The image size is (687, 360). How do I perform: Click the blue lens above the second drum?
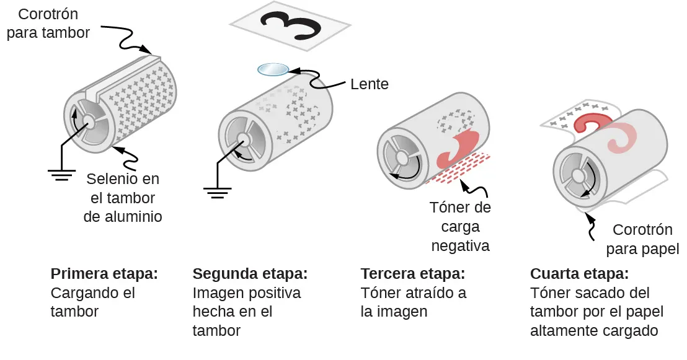(x=273, y=69)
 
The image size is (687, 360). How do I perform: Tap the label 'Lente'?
(x=369, y=84)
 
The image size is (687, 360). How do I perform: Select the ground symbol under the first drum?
(x=61, y=174)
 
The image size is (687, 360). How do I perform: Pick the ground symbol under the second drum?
(x=216, y=192)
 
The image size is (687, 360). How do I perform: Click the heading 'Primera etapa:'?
(x=104, y=274)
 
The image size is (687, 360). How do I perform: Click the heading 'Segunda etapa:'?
(x=250, y=274)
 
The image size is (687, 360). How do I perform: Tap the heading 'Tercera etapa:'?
(x=412, y=274)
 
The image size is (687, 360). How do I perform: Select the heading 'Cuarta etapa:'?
(x=579, y=274)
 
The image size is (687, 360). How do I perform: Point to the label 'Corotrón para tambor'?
(x=48, y=23)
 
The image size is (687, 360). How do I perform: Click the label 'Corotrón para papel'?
(x=642, y=239)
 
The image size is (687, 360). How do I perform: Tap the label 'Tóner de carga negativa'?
(x=460, y=226)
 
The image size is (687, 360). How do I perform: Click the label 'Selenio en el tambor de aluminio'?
(x=123, y=198)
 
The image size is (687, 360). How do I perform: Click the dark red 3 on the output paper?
(x=594, y=123)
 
